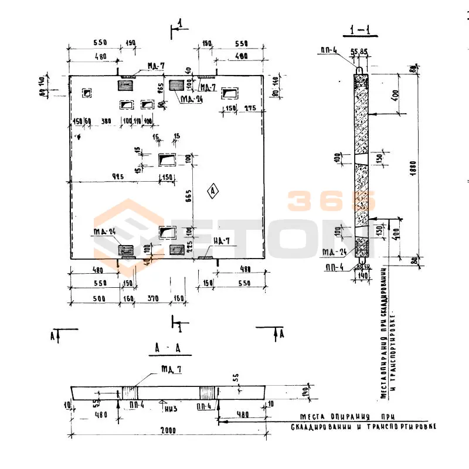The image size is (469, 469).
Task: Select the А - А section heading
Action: tap(168, 349)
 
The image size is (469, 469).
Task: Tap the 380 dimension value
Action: tap(106, 121)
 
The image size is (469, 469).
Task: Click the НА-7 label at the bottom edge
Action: tap(222, 240)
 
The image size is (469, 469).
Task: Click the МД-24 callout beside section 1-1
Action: tap(333, 252)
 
